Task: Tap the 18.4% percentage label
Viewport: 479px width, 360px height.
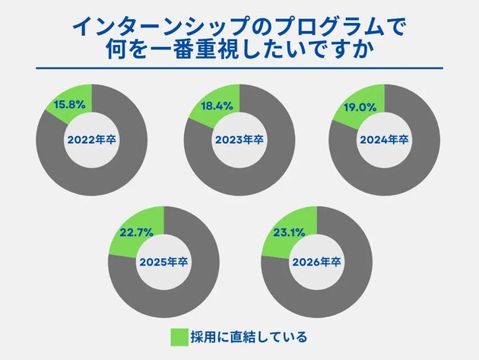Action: point(216,106)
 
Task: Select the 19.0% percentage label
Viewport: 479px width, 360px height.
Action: point(361,107)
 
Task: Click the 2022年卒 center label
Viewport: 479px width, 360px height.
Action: point(91,140)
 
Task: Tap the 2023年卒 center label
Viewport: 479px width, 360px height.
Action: point(239,140)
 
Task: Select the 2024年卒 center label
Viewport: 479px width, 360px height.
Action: point(385,140)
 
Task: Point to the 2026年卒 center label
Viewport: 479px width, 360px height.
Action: point(316,262)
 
